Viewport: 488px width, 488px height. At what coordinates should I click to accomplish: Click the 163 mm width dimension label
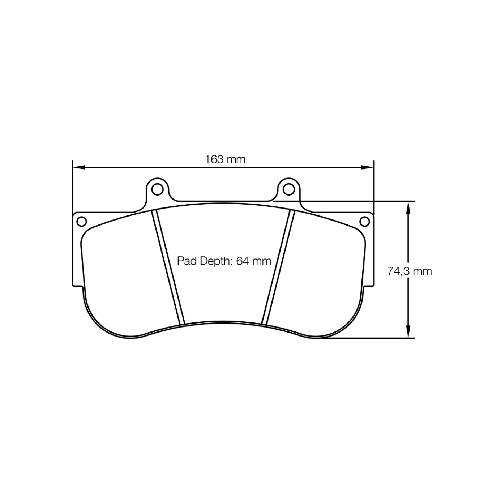225,159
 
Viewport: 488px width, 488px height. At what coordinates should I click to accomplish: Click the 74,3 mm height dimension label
410,271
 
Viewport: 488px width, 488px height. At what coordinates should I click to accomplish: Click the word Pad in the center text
185,261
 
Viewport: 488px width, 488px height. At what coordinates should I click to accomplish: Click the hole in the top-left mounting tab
157,189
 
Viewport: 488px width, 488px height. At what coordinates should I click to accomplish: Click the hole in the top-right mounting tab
288,189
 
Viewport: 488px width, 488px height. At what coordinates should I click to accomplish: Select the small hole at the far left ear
82,221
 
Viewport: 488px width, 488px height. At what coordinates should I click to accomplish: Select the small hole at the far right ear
365,221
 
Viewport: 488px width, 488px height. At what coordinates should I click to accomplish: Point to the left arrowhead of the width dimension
78,167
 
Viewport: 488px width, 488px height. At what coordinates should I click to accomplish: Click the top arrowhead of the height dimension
408,207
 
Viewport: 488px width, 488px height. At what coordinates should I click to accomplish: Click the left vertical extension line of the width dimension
73,188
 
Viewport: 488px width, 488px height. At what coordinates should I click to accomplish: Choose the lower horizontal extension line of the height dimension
369,338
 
